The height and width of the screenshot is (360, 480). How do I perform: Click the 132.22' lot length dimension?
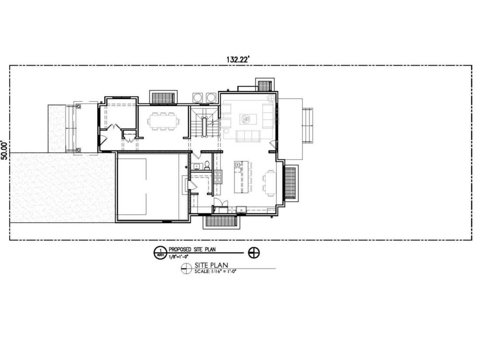tap(237, 59)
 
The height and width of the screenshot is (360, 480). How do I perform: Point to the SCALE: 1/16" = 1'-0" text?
tap(215, 272)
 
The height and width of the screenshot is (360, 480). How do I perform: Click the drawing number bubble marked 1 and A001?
tap(161, 253)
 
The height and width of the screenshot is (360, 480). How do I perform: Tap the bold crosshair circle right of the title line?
tap(254, 253)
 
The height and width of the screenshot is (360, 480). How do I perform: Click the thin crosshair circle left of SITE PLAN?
tap(187, 268)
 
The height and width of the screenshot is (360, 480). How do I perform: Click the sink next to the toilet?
tap(197, 166)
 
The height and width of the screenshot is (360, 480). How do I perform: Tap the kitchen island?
tap(241, 177)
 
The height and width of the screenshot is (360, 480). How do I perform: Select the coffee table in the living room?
tap(248, 119)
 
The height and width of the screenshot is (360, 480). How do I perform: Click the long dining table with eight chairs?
tap(163, 121)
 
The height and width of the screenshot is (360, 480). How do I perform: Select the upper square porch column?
tap(78, 107)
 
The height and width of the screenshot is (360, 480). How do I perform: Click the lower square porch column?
tap(78, 150)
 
